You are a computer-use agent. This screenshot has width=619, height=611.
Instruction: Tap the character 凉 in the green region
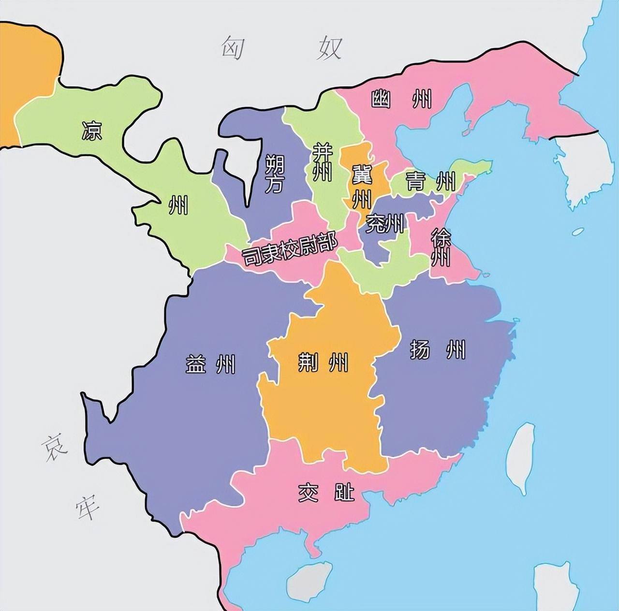(x=91, y=130)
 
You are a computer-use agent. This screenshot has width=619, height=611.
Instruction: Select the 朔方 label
(x=274, y=174)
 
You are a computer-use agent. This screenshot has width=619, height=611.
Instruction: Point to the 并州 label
(x=321, y=162)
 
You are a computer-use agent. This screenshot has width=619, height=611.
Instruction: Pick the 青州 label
(x=430, y=182)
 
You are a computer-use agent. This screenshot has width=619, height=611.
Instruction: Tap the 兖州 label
(x=384, y=223)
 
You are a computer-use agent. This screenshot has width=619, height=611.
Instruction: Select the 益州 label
(x=210, y=364)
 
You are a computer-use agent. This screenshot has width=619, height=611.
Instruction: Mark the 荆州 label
(x=323, y=361)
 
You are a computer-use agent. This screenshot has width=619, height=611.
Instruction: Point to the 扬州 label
(x=437, y=349)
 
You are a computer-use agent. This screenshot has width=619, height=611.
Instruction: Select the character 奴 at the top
(x=329, y=48)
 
